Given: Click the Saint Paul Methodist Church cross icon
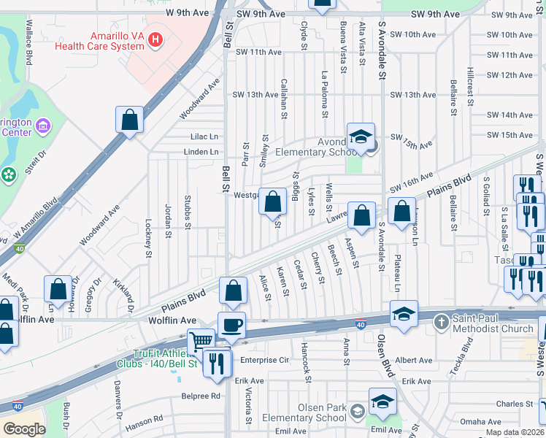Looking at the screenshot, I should click(440, 321).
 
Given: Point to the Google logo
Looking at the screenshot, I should click(24, 429).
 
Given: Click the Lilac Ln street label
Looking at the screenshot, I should click(204, 137).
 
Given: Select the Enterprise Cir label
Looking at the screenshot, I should click(265, 360).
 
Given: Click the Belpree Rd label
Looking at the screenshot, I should click(201, 396).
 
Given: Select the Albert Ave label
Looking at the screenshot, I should click(414, 361).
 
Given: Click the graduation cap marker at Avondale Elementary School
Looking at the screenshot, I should click(361, 137).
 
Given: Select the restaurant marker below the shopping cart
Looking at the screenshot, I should click(215, 363).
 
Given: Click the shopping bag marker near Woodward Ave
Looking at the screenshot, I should click(129, 121).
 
